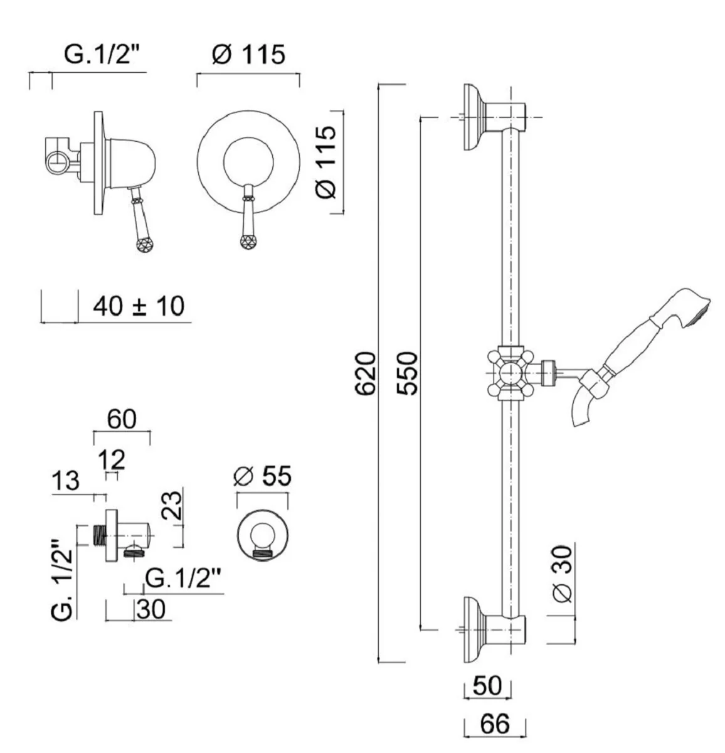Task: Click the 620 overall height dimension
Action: pyautogui.click(x=365, y=374)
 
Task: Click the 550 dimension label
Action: pyautogui.click(x=408, y=374)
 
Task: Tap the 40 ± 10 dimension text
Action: pyautogui.click(x=139, y=307)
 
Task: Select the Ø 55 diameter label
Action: pyautogui.click(x=262, y=477)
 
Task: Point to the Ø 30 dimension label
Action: pyautogui.click(x=563, y=574)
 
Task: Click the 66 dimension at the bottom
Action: pyautogui.click(x=495, y=725)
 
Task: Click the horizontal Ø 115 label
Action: pyautogui.click(x=248, y=55)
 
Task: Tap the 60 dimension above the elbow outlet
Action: pyautogui.click(x=121, y=419)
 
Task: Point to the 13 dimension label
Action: pyautogui.click(x=66, y=481)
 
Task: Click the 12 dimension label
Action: pyautogui.click(x=113, y=460)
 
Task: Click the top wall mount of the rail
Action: pyautogui.click(x=477, y=118)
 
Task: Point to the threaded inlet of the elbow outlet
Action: pyautogui.click(x=98, y=535)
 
